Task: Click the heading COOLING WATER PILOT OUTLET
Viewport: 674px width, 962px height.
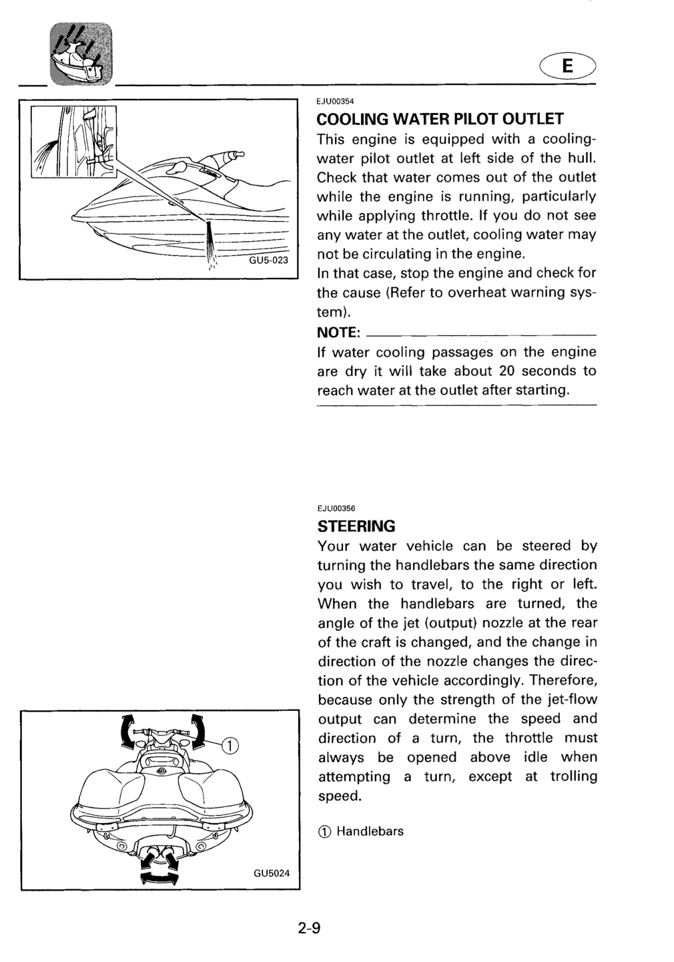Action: point(440,118)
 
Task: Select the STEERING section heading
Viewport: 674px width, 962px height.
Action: point(356,526)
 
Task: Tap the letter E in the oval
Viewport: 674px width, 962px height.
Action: point(567,65)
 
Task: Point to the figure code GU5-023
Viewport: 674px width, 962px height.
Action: point(268,261)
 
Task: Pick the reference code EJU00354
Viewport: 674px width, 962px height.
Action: point(335,102)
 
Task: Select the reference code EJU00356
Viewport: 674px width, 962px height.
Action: point(336,508)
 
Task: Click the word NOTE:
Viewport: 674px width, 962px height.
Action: point(338,333)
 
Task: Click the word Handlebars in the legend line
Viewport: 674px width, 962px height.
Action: point(370,831)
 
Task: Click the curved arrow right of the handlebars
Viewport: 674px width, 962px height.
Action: point(198,732)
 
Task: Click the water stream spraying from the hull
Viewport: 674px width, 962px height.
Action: point(210,243)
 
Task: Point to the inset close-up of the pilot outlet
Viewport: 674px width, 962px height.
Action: point(74,142)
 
